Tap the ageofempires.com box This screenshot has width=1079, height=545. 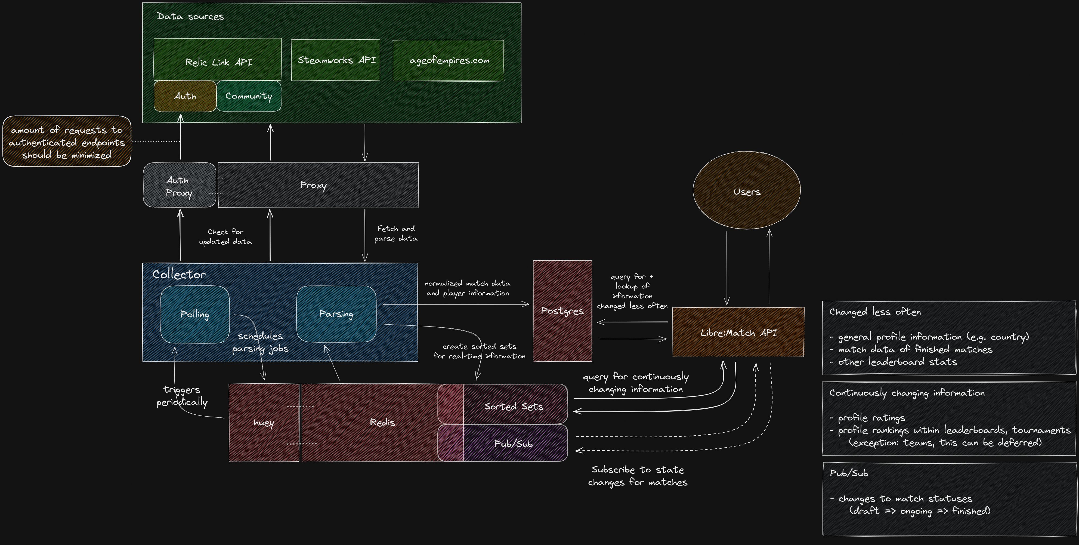pos(448,61)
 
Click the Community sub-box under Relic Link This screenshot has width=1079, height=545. pos(249,96)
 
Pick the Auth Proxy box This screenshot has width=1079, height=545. pos(179,185)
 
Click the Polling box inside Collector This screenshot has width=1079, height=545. pos(195,314)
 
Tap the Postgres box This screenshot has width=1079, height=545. pos(562,311)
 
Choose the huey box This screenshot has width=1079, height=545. pos(264,423)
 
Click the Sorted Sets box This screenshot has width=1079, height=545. pos(514,406)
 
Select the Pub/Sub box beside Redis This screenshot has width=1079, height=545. pos(514,443)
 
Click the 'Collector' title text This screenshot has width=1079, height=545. pos(179,274)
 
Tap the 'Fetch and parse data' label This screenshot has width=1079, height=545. pos(396,233)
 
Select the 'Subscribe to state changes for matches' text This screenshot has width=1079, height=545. pos(638,476)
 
